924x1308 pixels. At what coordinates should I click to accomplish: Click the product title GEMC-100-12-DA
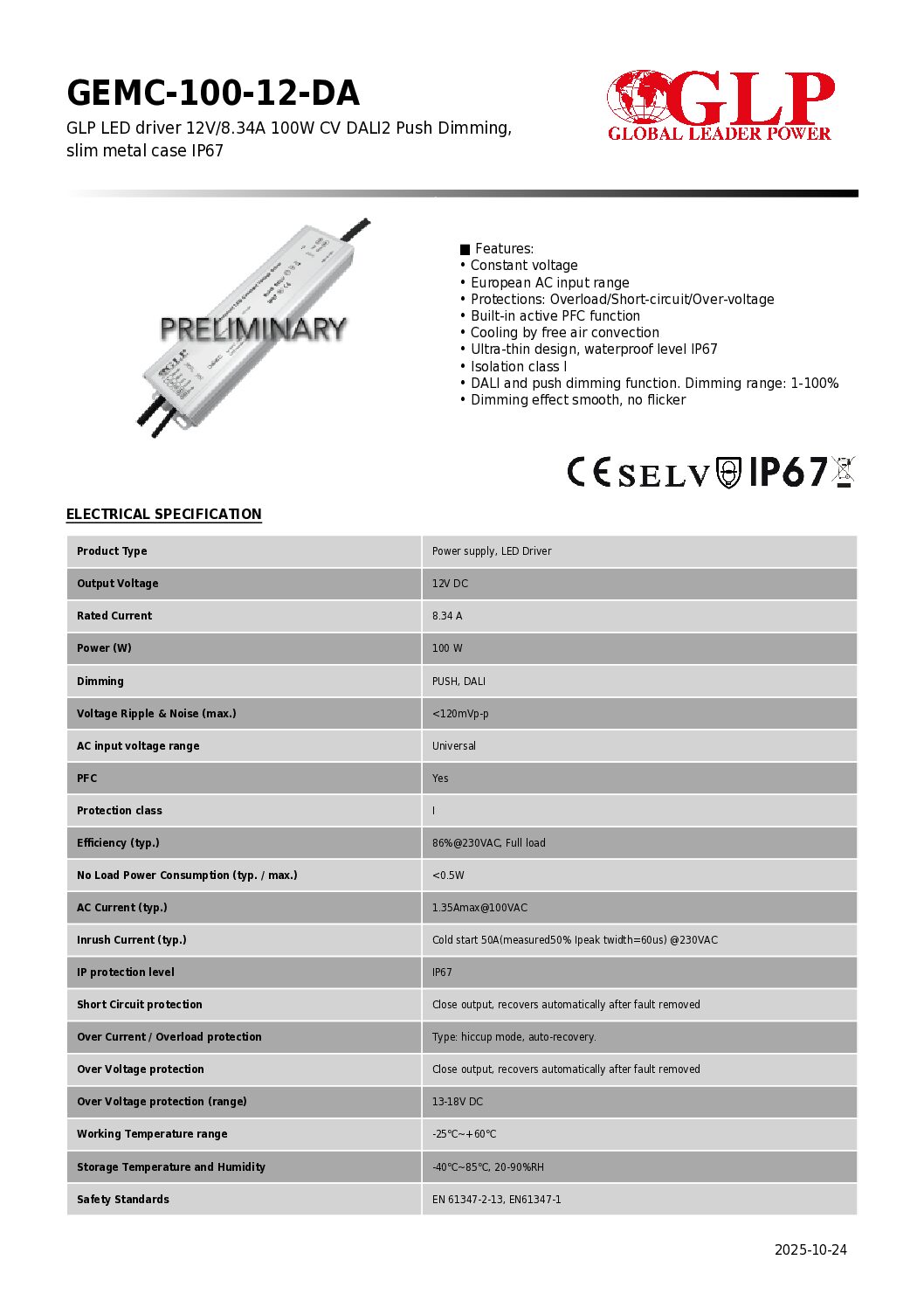pyautogui.click(x=212, y=93)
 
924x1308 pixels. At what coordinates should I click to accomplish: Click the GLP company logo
pyautogui.click(x=721, y=105)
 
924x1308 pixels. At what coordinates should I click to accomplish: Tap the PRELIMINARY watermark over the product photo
pyautogui.click(x=253, y=329)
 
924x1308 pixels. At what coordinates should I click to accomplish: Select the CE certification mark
pyautogui.click(x=589, y=472)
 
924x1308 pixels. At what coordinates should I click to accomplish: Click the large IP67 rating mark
pyautogui.click(x=788, y=472)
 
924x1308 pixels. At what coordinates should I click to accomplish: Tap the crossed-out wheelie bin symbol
pyautogui.click(x=844, y=471)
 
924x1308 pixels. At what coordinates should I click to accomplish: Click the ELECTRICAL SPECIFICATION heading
pyautogui.click(x=164, y=514)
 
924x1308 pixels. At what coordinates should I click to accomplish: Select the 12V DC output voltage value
pyautogui.click(x=450, y=584)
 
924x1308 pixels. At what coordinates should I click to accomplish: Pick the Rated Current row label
pyautogui.click(x=114, y=616)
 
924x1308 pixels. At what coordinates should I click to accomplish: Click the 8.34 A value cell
pyautogui.click(x=447, y=616)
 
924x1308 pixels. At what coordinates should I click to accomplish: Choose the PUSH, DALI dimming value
pyautogui.click(x=459, y=682)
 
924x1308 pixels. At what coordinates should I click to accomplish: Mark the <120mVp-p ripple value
pyautogui.click(x=460, y=714)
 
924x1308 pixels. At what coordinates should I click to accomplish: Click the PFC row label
pyautogui.click(x=87, y=779)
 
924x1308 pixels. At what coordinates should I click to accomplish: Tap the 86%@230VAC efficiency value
pyautogui.click(x=488, y=843)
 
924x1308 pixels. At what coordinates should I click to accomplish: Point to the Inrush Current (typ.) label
pyautogui.click(x=132, y=940)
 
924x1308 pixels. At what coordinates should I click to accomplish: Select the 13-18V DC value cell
pyautogui.click(x=458, y=1102)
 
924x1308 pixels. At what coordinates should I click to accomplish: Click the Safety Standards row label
pyautogui.click(x=123, y=1200)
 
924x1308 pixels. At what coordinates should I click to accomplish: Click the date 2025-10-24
pyautogui.click(x=810, y=1249)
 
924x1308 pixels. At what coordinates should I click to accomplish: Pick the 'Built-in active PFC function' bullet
pyautogui.click(x=555, y=315)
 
